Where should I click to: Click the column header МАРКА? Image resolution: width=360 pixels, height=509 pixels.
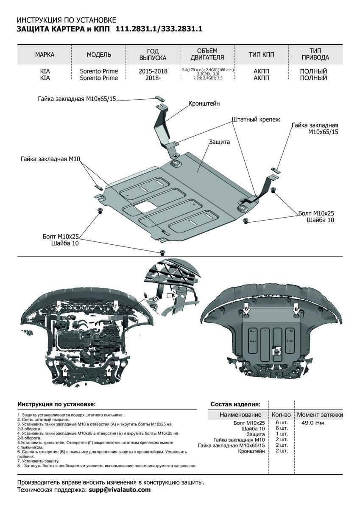(x=45, y=55)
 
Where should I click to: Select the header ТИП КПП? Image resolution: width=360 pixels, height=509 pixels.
(x=262, y=55)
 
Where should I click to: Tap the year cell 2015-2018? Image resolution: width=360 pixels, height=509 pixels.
(x=153, y=71)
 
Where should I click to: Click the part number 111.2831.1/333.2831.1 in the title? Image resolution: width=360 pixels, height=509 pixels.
(x=159, y=29)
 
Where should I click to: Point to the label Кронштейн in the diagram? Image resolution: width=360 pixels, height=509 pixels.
(x=204, y=103)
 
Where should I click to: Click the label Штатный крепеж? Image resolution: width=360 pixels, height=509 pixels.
(x=256, y=120)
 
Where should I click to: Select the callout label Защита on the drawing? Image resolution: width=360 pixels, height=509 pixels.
(x=219, y=142)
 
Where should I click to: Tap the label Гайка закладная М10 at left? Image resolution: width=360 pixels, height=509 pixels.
(x=50, y=159)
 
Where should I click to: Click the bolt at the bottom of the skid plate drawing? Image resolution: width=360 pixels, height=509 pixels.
(x=162, y=253)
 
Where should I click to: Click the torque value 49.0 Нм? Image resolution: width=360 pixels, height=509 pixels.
(x=313, y=423)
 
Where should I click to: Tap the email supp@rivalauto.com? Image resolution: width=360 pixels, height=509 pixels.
(x=120, y=490)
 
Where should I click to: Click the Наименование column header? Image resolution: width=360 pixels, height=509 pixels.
(x=240, y=414)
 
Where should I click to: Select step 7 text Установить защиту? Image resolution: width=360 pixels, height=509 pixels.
(x=39, y=461)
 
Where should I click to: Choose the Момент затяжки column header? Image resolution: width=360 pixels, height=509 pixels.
(x=319, y=414)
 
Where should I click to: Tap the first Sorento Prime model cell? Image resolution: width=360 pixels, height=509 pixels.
(x=99, y=71)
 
